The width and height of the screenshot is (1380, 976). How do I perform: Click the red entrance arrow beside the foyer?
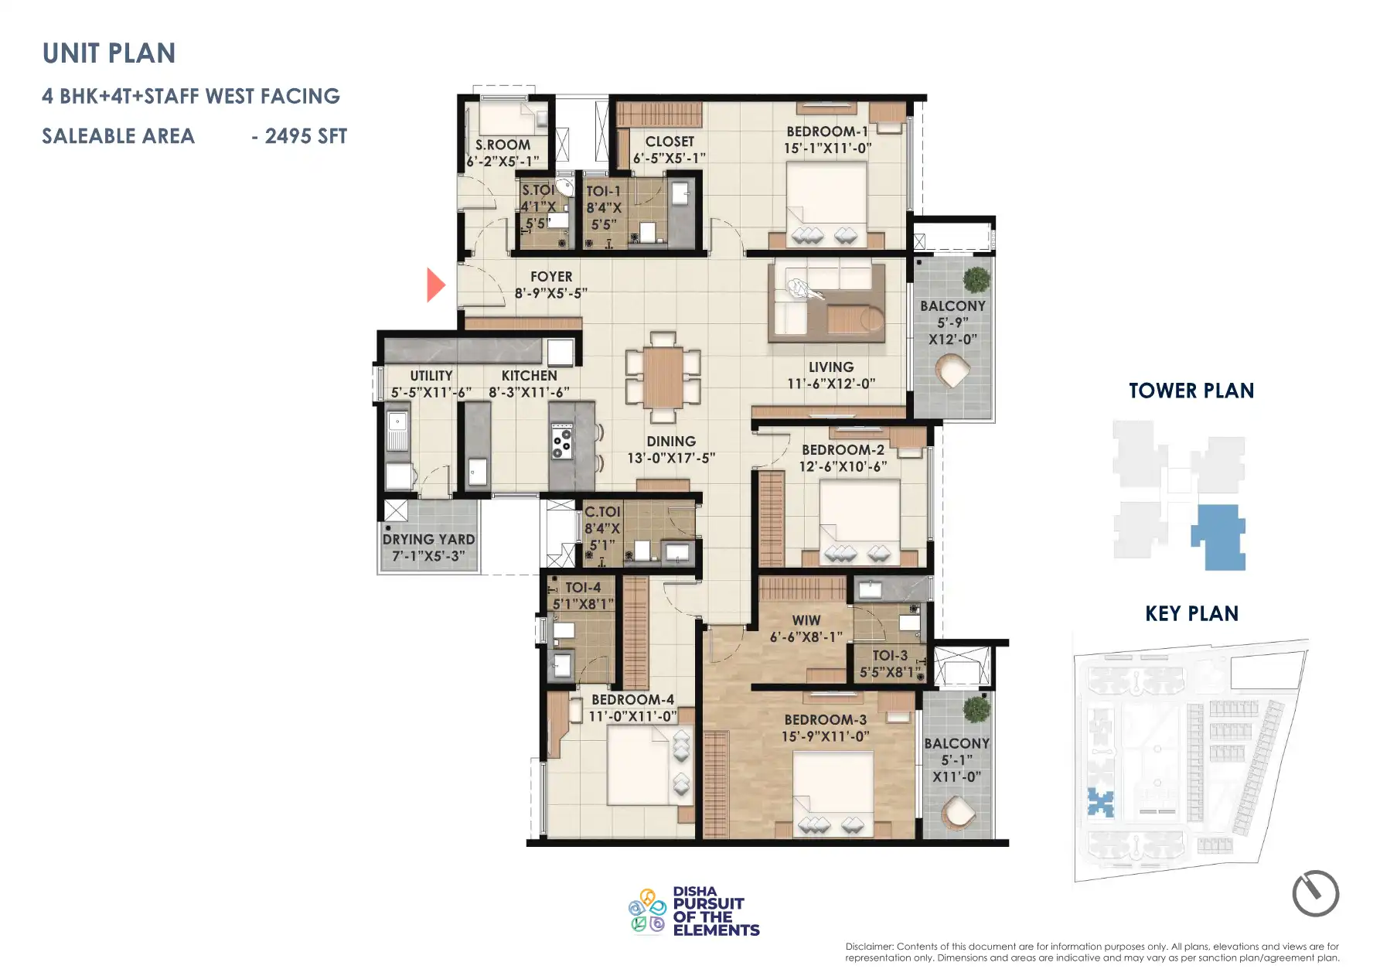pos(435,285)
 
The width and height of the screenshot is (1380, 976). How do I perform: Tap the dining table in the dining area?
pos(663,377)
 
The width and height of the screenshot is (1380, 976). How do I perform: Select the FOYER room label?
pos(551,277)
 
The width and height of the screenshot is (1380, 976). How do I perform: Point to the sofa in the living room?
pos(826,302)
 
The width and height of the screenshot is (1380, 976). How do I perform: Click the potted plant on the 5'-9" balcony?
pos(976,278)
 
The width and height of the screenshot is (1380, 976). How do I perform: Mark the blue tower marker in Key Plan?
pos(1100,802)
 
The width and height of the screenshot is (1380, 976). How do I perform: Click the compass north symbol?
pos(1315,893)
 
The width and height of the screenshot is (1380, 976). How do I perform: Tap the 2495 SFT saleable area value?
pos(305,137)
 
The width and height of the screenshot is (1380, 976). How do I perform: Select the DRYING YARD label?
pos(428,539)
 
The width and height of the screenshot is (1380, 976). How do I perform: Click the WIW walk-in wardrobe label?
pos(806,620)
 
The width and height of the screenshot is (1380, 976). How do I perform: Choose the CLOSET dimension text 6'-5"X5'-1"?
pos(669,159)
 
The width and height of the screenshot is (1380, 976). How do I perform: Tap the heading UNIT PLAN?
pos(109,53)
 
